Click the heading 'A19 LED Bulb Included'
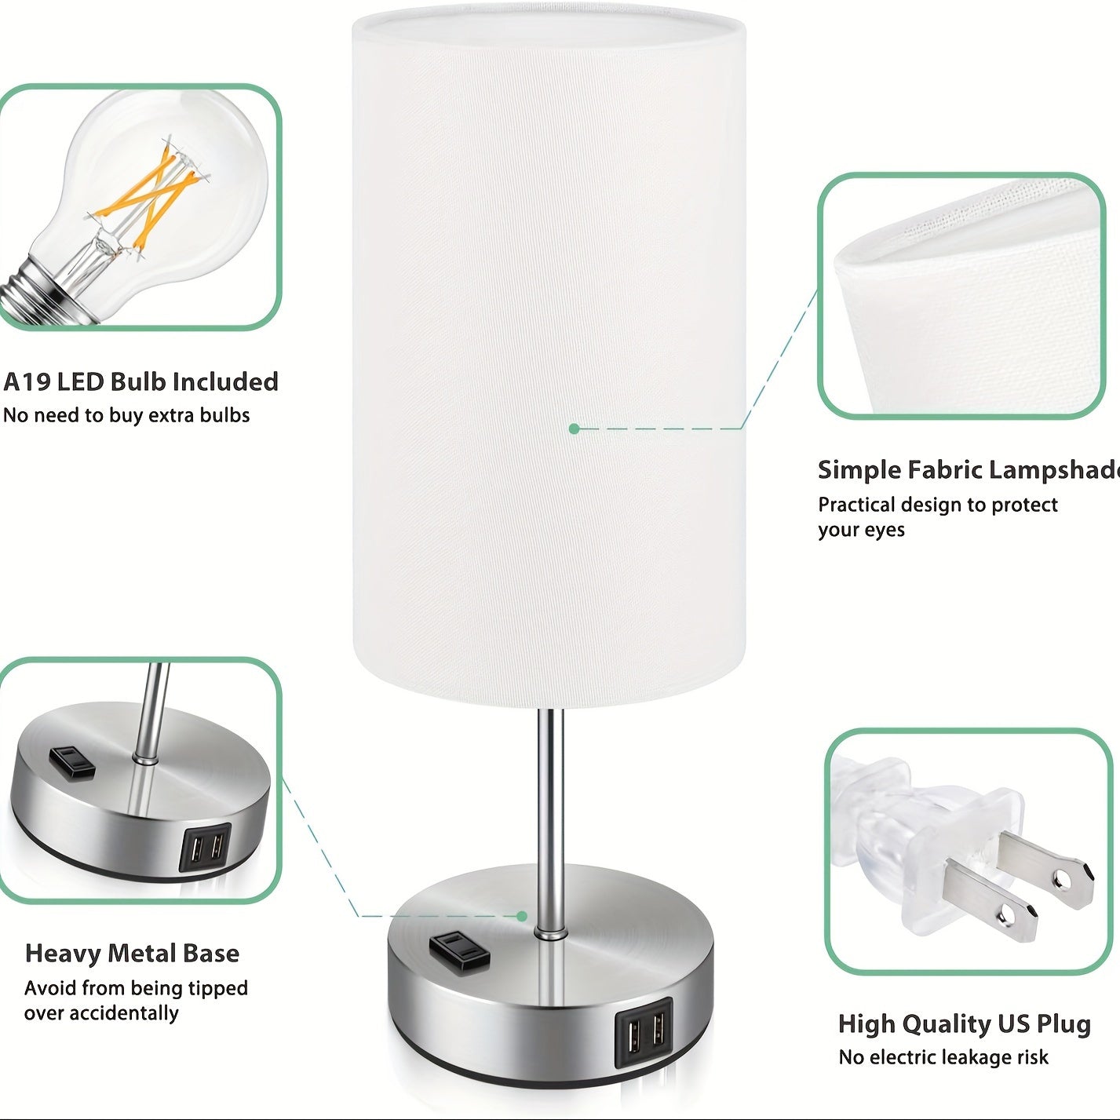[140, 382]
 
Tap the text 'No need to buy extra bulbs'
[126, 415]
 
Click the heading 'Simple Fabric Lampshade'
[969, 469]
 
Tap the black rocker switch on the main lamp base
[458, 951]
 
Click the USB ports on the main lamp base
[644, 1034]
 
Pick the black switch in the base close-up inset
[72, 763]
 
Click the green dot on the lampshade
[575, 429]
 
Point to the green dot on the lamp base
[522, 917]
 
